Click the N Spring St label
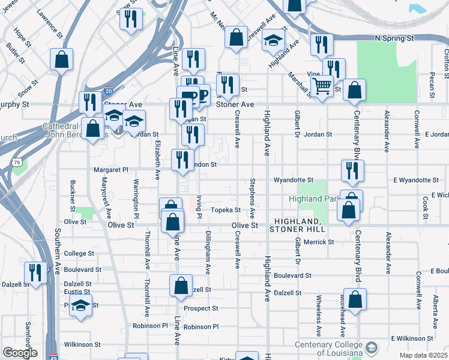(394, 38)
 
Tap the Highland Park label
(312, 199)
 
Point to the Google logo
(19, 353)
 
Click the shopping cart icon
(322, 88)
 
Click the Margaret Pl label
(111, 170)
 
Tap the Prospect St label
(200, 308)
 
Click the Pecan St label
(432, 85)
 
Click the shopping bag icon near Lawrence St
(61, 59)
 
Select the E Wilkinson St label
(412, 339)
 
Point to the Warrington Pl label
(136, 198)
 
